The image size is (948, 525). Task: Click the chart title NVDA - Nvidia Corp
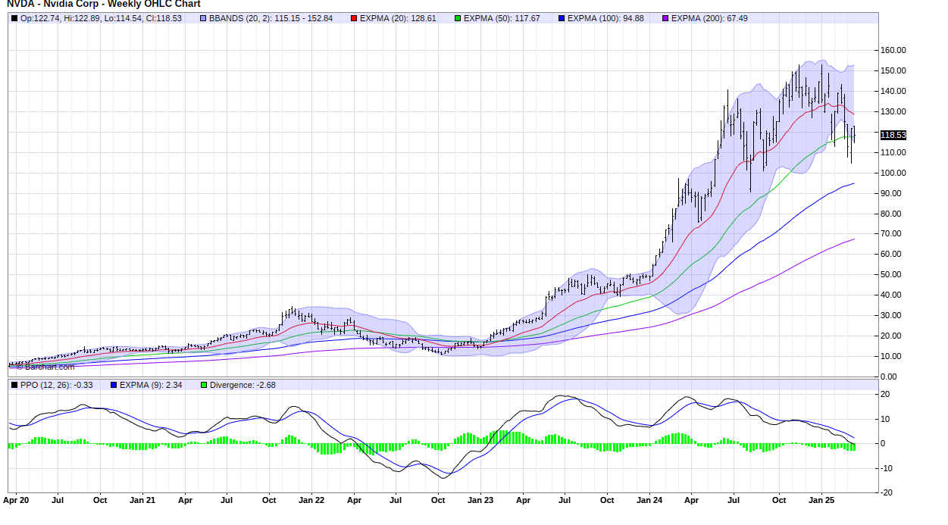[104, 5]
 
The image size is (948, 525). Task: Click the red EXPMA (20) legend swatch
[354, 18]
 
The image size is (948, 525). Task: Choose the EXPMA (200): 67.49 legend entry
[709, 18]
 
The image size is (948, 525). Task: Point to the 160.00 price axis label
[893, 50]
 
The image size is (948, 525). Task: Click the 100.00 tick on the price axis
[893, 173]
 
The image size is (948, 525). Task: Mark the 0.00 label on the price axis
[897, 377]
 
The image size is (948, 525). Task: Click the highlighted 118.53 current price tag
[893, 135]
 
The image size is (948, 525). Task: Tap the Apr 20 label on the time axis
[17, 501]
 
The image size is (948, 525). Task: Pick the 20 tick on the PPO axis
[885, 395]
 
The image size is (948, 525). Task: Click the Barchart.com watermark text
[50, 367]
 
